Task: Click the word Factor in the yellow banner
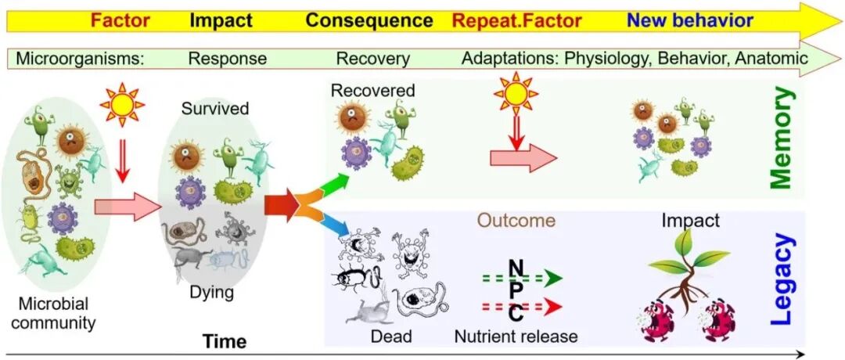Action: click(x=120, y=20)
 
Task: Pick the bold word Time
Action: click(x=225, y=341)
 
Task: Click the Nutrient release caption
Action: click(x=516, y=337)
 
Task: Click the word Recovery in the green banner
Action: click(x=372, y=58)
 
